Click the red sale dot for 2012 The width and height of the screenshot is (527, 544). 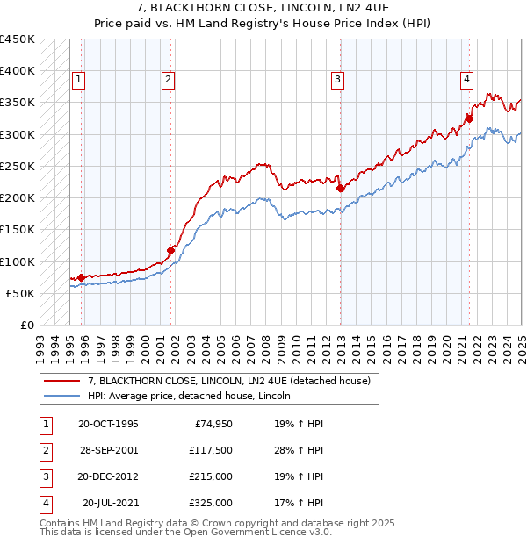(340, 188)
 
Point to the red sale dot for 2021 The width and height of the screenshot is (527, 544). (470, 118)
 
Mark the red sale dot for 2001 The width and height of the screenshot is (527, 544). (171, 250)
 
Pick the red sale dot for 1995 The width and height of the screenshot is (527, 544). (82, 277)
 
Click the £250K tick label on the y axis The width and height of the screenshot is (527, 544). (18, 166)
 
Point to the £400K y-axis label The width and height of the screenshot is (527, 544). (18, 70)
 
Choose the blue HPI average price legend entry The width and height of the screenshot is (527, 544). (189, 396)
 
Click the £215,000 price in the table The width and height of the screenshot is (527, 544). (211, 477)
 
